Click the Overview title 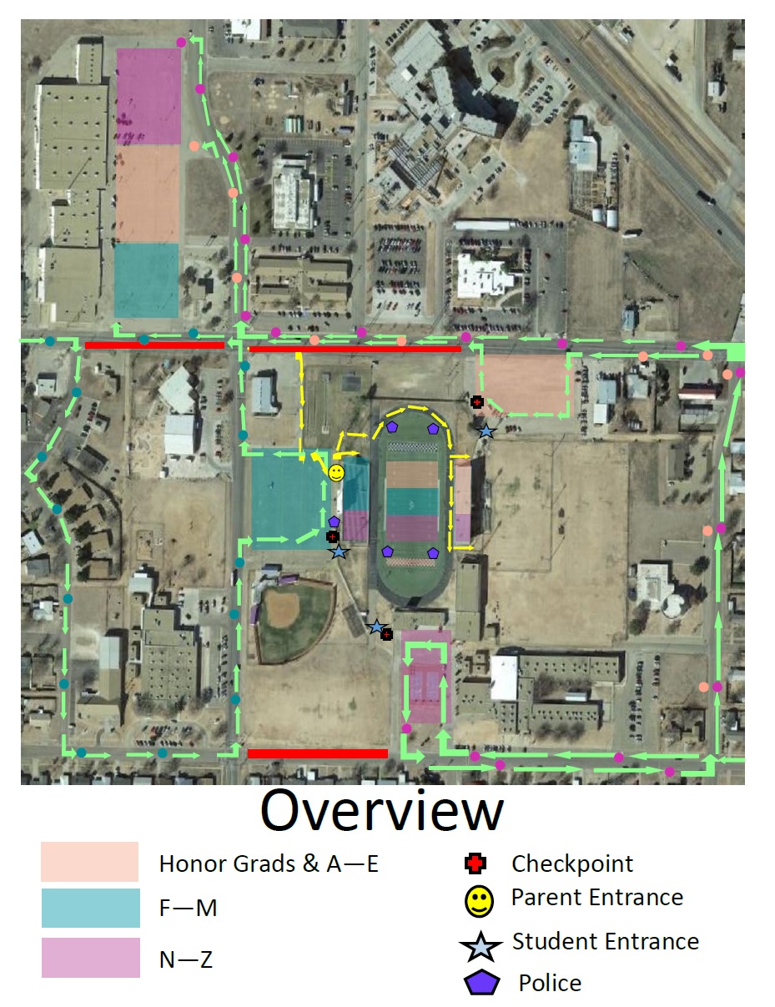(x=382, y=811)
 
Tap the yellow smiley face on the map (x=335, y=474)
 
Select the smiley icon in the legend (x=478, y=900)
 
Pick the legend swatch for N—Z (x=91, y=958)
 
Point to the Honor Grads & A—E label (x=269, y=864)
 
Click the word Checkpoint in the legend (x=572, y=864)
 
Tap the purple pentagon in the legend (x=482, y=984)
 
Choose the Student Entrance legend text (x=606, y=942)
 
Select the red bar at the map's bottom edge (x=317, y=753)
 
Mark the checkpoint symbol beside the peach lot (x=477, y=402)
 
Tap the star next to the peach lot (x=486, y=430)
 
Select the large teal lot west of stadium (x=287, y=496)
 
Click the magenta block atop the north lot (x=148, y=96)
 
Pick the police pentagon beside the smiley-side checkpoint (x=334, y=521)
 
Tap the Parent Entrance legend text (x=597, y=898)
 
